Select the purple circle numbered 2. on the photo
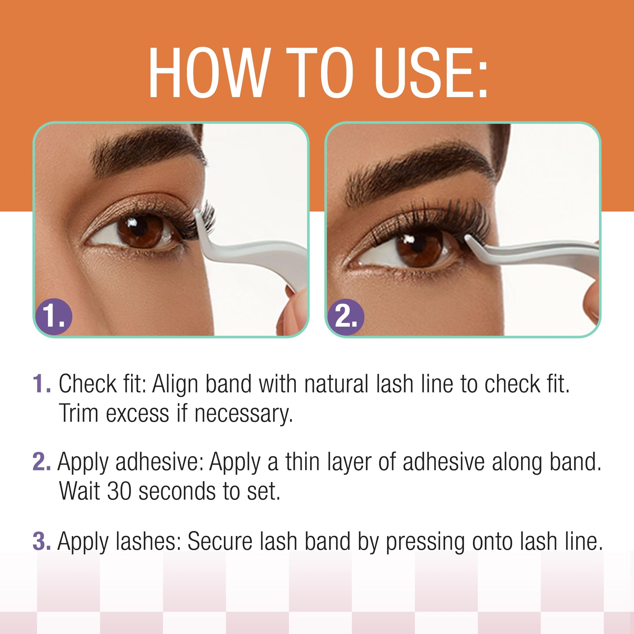[346, 317]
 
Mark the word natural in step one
[336, 384]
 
